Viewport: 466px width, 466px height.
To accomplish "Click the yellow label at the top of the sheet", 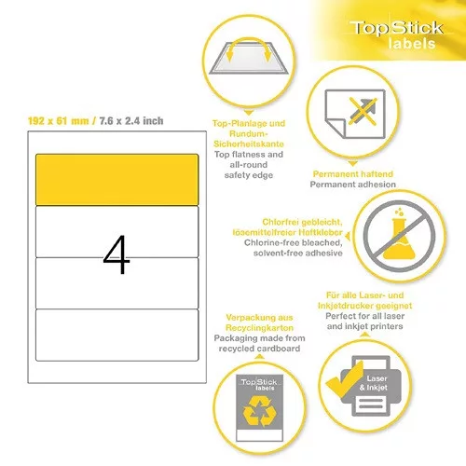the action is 116,180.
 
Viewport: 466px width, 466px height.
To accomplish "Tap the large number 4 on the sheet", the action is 116,254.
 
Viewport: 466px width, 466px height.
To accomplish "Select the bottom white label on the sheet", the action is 116,335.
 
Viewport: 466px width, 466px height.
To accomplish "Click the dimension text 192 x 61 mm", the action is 58,120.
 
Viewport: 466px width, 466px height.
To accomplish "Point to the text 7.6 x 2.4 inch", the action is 131,120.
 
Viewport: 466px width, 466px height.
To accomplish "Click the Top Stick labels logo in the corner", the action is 398,34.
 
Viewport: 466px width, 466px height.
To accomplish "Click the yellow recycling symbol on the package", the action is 260,411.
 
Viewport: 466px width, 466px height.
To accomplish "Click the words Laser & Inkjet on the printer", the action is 375,383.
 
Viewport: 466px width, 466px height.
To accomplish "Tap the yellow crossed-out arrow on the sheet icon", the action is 363,111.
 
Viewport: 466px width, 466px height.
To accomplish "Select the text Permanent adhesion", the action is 353,185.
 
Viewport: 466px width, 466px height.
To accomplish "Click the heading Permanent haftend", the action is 353,173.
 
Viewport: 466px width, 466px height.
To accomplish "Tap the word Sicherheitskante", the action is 249,144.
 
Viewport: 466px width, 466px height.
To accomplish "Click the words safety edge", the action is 249,175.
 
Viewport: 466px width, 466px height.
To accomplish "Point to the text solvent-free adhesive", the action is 298,253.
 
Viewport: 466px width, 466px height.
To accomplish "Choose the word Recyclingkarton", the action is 259,328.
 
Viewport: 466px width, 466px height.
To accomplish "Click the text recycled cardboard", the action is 259,349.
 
